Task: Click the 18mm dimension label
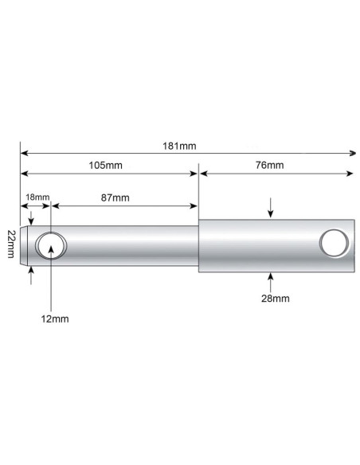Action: (x=37, y=197)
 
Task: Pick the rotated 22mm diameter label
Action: (x=10, y=243)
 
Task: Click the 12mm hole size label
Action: (x=55, y=318)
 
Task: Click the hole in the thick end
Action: (x=333, y=243)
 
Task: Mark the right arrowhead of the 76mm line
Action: (x=353, y=172)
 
